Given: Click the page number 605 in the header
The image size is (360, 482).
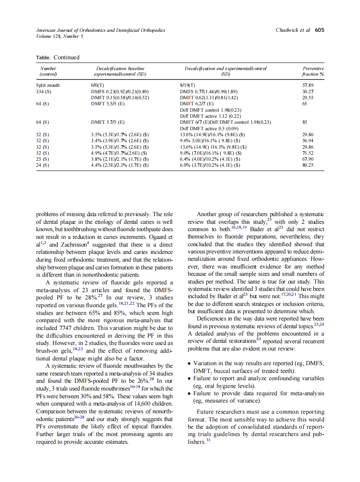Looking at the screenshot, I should tap(319, 30).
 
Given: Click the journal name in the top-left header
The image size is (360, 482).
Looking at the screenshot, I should tap(101, 30).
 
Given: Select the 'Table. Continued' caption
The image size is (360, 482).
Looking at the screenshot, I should tap(58, 57).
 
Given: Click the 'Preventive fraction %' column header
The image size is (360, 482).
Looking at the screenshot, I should tap(313, 71).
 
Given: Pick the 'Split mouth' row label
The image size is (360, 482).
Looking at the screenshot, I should tap(48, 85).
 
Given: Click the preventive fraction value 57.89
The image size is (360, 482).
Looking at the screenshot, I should tap(308, 85).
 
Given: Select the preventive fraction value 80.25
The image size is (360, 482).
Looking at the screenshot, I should tap(308, 165).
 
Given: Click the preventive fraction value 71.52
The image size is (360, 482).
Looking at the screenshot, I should tap(308, 153).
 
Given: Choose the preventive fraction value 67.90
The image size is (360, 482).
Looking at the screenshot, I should tap(308, 159).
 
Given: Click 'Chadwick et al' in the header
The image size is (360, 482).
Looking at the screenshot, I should tap(293, 30).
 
